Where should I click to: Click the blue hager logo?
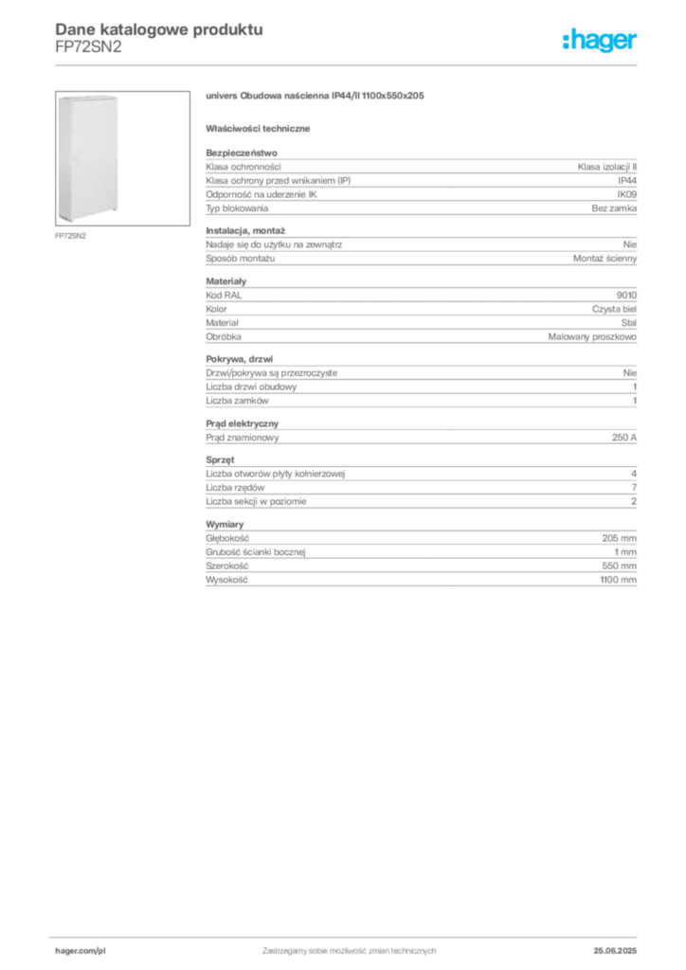pos(602,41)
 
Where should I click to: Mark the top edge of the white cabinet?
pos(88,94)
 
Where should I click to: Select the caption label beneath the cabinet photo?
pos(72,237)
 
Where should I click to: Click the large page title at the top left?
pos(156,27)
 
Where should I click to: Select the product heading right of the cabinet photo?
pos(318,97)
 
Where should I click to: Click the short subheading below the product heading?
pos(261,128)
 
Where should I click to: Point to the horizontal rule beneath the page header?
pos(349,65)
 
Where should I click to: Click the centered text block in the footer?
pos(349,950)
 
